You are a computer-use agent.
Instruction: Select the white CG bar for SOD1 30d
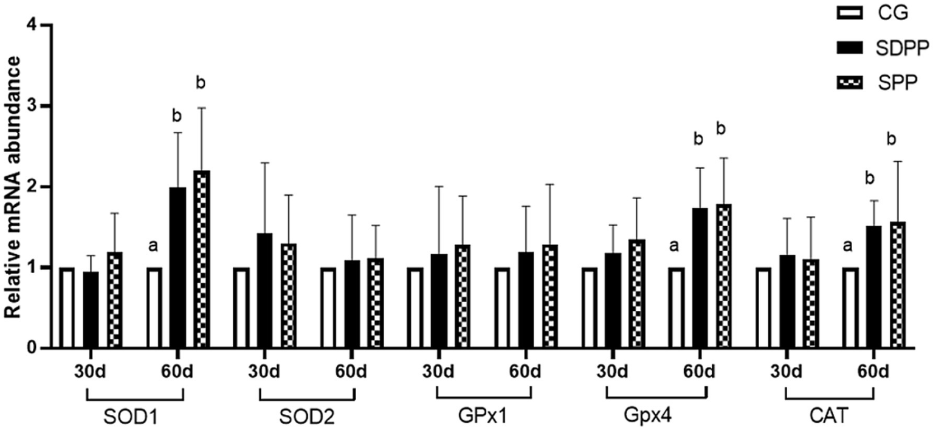[x=67, y=308]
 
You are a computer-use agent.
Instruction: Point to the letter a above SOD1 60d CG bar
[x=153, y=246]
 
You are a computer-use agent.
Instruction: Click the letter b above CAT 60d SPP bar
[x=892, y=139]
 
